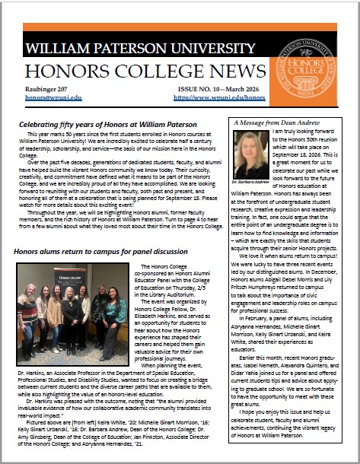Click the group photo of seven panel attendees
coord(72,312)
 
